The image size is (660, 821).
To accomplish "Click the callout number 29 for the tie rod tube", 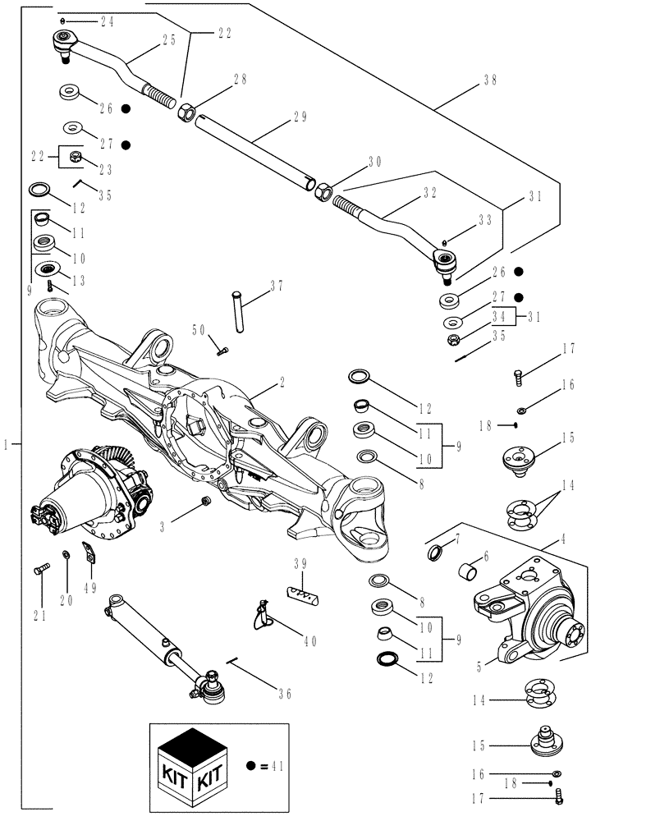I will pyautogui.click(x=299, y=117).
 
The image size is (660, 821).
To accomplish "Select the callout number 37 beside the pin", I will pyautogui.click(x=277, y=287).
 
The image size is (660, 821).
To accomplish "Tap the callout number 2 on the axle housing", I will pyautogui.click(x=282, y=383).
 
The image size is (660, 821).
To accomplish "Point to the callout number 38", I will pyautogui.click(x=491, y=81).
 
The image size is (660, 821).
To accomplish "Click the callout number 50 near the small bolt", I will pyautogui.click(x=199, y=329).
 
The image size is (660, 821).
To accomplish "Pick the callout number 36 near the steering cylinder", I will pyautogui.click(x=284, y=694).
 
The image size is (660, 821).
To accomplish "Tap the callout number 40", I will pyautogui.click(x=309, y=641).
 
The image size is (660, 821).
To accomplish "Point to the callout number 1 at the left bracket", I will pyautogui.click(x=7, y=444).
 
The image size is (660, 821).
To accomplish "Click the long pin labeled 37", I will pyautogui.click(x=238, y=313).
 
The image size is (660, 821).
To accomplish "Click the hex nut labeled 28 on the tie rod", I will pyautogui.click(x=186, y=109).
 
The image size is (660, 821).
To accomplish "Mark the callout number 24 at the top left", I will pyautogui.click(x=108, y=20).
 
